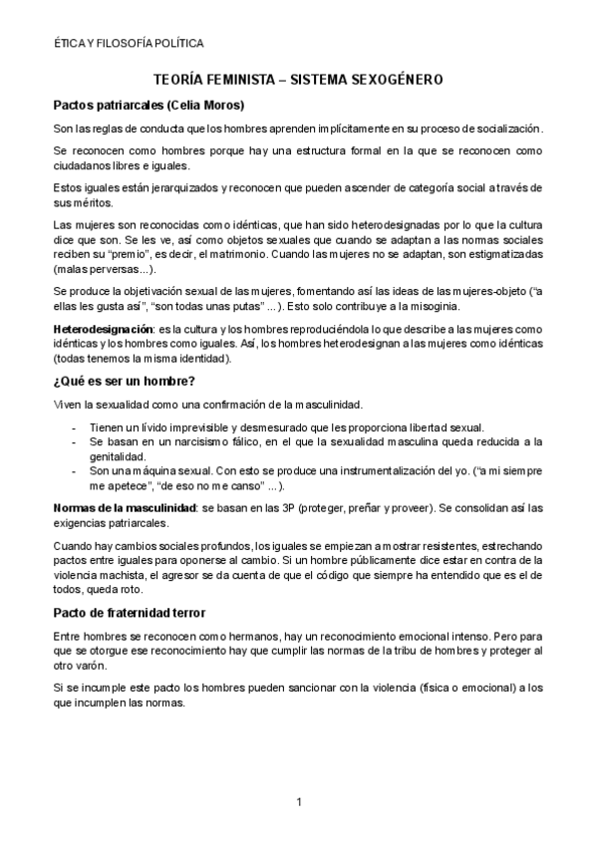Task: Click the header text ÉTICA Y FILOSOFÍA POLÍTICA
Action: coord(130,44)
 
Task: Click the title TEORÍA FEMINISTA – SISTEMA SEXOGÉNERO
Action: coord(298,77)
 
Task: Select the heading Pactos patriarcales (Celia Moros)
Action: coord(149,105)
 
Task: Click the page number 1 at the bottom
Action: coord(298,802)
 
